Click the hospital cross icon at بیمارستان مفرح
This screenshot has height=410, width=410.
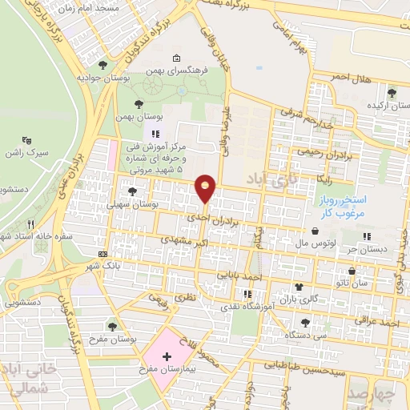tap(167, 356)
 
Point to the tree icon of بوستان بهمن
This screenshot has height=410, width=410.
tap(139, 104)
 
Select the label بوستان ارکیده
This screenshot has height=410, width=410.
tap(372, 105)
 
